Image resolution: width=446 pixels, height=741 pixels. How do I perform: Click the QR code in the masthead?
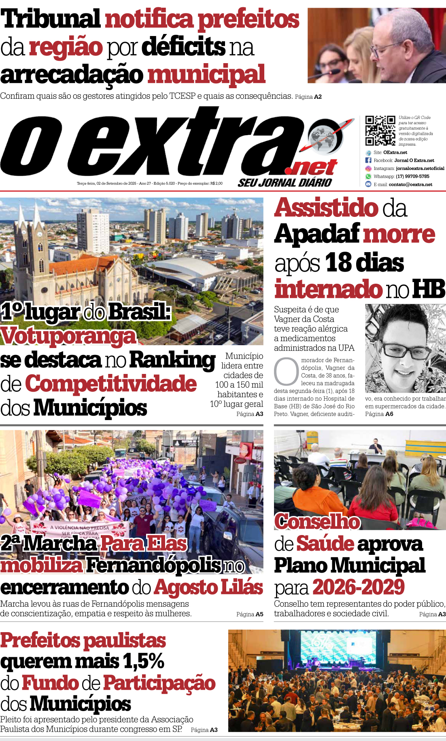[x=380, y=130]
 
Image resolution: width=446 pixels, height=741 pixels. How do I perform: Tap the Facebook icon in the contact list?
[x=368, y=160]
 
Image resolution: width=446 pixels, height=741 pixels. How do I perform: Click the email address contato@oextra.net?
[x=410, y=185]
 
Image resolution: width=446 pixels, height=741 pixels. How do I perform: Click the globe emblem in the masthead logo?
[x=324, y=138]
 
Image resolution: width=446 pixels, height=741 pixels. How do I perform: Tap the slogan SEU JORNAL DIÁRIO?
[x=285, y=183]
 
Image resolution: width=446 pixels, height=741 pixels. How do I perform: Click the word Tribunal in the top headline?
[x=51, y=19]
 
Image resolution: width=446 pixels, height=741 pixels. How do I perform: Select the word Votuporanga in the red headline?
[x=68, y=336]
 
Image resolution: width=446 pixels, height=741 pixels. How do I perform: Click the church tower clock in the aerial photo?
[x=39, y=235]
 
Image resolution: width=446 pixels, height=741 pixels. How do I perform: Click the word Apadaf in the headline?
[x=317, y=234]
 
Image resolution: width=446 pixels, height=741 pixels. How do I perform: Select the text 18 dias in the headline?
[x=364, y=262]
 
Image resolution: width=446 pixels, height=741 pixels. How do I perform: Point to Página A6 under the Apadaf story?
[x=379, y=414]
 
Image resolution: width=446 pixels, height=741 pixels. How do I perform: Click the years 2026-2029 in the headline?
[x=358, y=587]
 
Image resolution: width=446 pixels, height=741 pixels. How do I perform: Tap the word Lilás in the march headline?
[x=242, y=587]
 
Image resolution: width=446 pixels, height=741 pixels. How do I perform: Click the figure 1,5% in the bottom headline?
[x=144, y=661]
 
